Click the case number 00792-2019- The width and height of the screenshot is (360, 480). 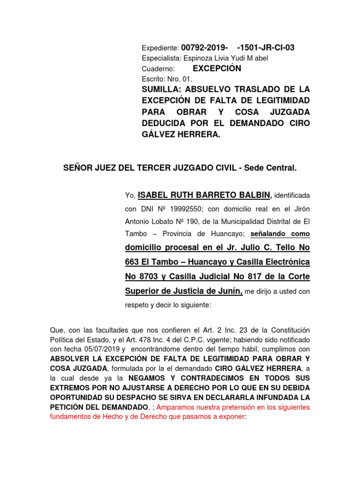[205, 48]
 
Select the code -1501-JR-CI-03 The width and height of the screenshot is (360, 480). [266, 48]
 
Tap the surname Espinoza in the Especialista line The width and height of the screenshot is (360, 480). [197, 58]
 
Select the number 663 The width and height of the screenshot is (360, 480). [133, 262]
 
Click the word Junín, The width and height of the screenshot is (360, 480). [228, 291]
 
